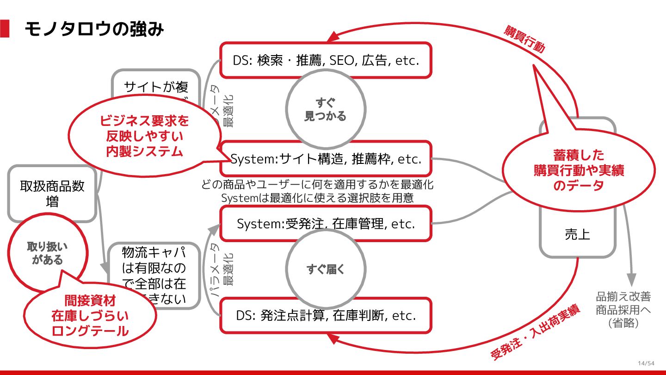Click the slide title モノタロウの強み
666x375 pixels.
pos(94,29)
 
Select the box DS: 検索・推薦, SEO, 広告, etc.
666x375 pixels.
pos(326,60)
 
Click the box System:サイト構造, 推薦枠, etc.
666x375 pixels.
pos(326,159)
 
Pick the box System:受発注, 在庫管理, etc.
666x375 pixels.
pos(326,224)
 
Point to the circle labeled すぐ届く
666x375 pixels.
pos(326,269)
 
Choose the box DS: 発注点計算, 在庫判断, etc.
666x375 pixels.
pos(326,316)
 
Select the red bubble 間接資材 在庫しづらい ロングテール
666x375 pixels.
pos(90,316)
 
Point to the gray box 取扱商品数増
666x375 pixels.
pos(52,194)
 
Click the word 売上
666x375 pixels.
pos(577,234)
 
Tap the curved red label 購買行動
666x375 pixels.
pos(524,39)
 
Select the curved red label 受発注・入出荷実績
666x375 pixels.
pos(535,333)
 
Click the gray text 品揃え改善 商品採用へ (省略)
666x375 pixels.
pos(623,310)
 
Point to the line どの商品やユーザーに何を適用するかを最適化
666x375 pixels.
pos(317,185)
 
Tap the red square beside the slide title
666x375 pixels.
pos(5,29)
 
